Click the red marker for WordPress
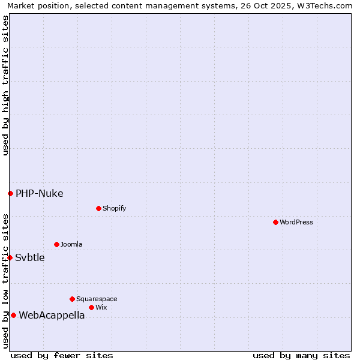coord(275,222)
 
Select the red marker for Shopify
coord(98,208)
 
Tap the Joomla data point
coord(56,244)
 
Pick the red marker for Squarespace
coord(72,299)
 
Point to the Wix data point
coord(91,307)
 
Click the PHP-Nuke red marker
coord(10,193)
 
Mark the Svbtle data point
coord(10,257)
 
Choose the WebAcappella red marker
coord(13,315)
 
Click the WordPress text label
coord(296,222)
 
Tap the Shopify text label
coord(114,208)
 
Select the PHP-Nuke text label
coord(39,193)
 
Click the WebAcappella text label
coord(52,315)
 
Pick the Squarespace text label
coord(97,299)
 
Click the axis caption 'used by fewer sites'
coord(62,355)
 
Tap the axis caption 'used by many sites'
coord(301,355)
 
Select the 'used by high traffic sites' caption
coord(5,86)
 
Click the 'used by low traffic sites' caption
coord(5,281)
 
